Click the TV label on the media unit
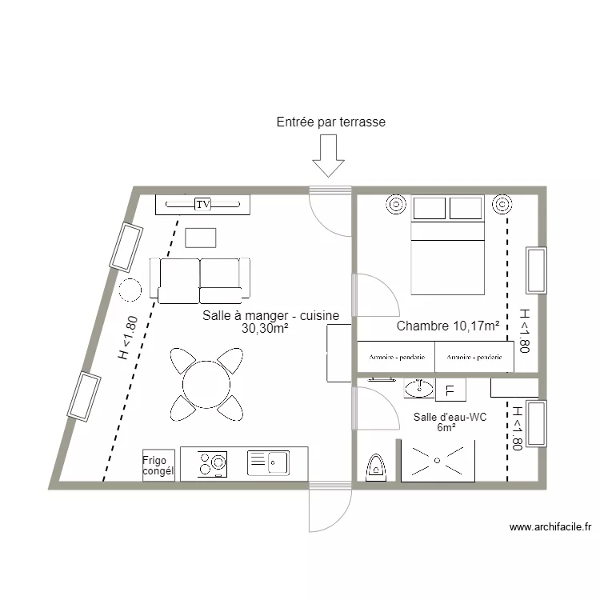point(203,205)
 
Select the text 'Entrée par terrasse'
point(330,122)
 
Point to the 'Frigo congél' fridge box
point(158,465)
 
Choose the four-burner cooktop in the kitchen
point(213,464)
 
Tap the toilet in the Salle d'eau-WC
point(376,467)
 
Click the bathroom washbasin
point(417,390)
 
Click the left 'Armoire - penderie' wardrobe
point(396,357)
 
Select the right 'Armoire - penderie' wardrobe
point(473,357)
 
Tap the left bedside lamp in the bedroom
point(396,204)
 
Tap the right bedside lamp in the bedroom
point(502,204)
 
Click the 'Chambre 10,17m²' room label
point(448,326)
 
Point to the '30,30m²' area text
point(264,327)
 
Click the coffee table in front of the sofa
point(200,238)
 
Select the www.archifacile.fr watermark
point(550,527)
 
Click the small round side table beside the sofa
point(130,289)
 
